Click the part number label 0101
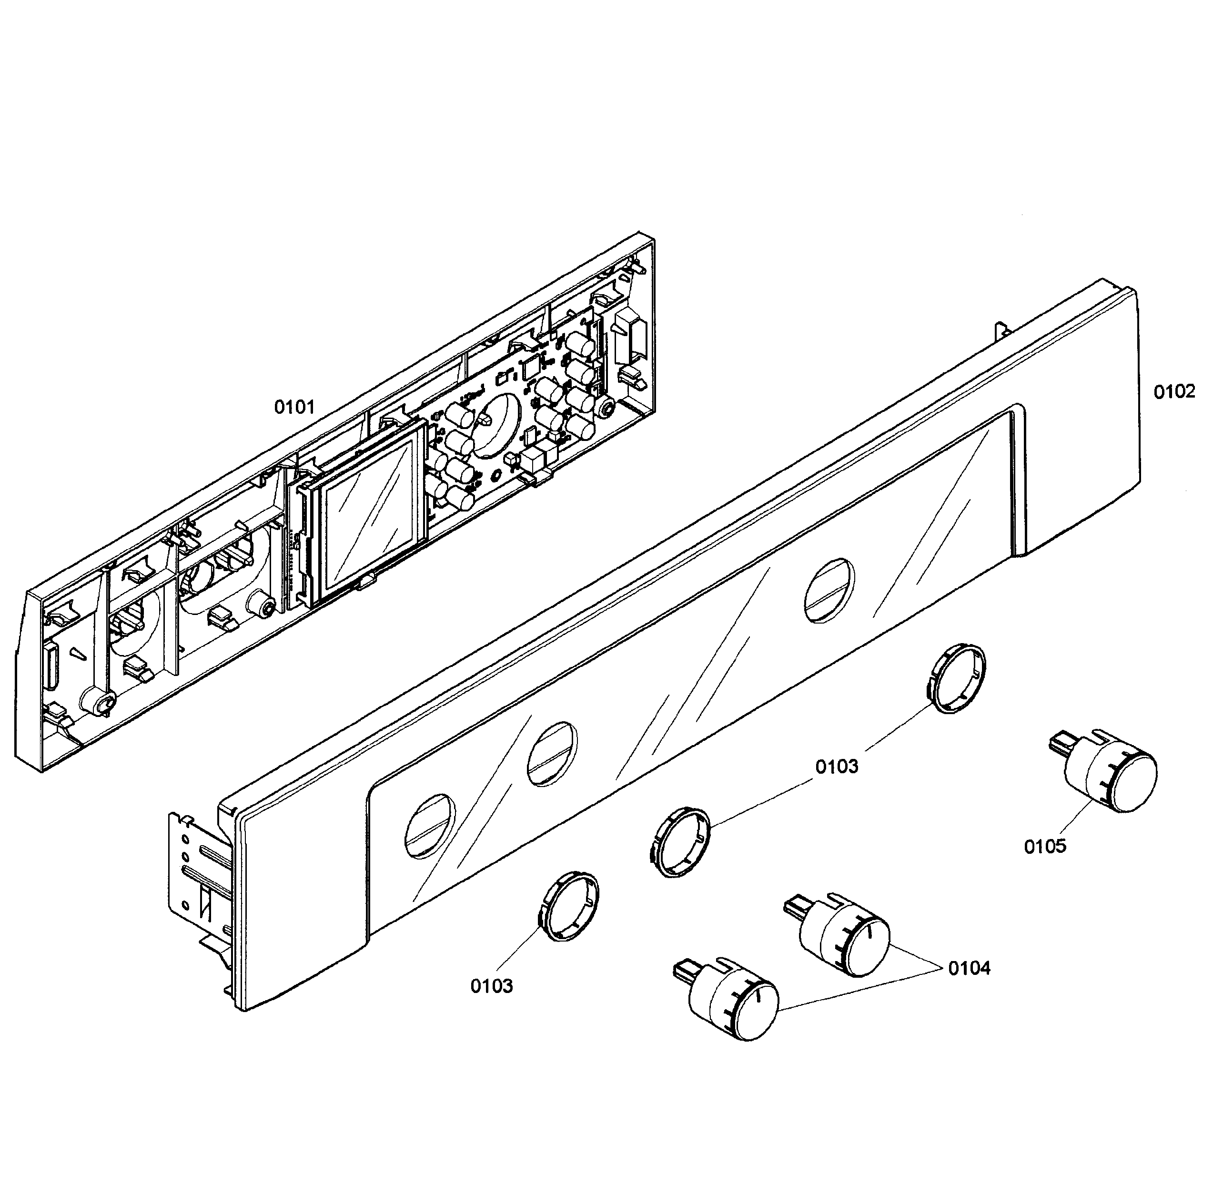point(294,408)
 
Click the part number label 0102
point(1174,392)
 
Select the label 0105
point(1045,846)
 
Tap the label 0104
point(969,968)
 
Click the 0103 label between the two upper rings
point(837,767)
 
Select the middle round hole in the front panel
point(551,754)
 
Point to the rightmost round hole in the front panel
point(828,590)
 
